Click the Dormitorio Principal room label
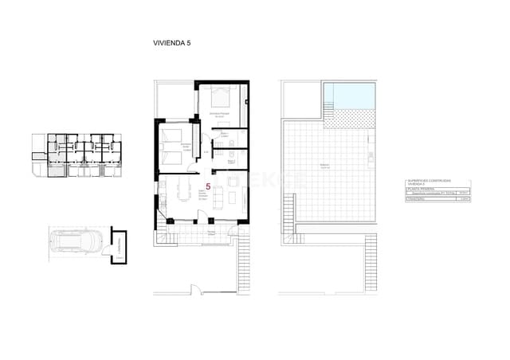[x=219, y=115]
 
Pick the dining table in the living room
[x=184, y=190]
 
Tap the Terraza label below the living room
[x=211, y=232]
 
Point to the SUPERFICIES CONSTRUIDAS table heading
[x=435, y=182]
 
